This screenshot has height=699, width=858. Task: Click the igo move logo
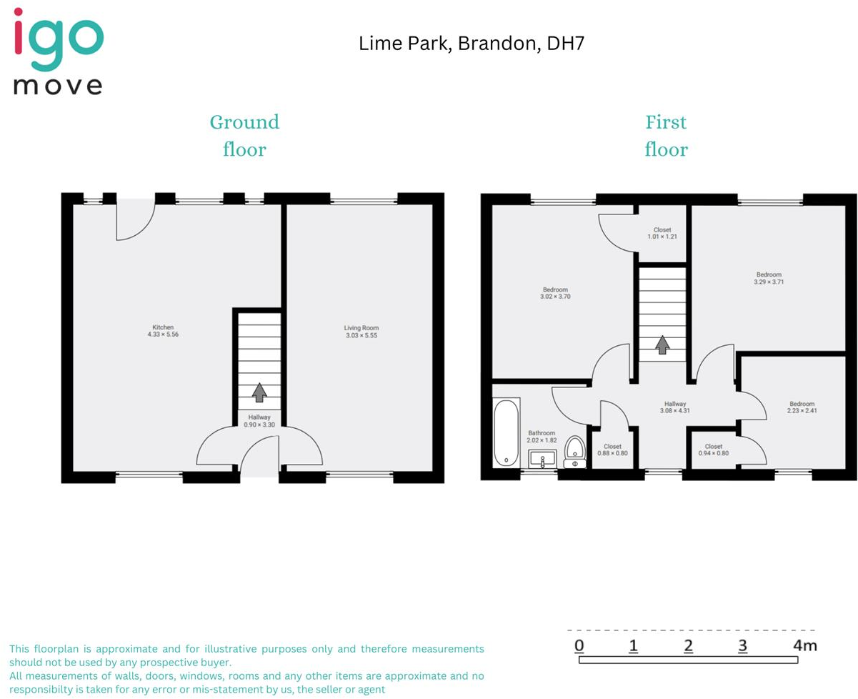[59, 51]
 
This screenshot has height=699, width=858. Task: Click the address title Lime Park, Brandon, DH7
[472, 44]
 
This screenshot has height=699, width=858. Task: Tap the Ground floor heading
[244, 136]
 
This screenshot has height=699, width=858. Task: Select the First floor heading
[666, 136]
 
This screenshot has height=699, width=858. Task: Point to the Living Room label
[361, 331]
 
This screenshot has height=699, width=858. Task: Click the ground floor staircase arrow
[259, 392]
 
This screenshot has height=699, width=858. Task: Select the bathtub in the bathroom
[506, 433]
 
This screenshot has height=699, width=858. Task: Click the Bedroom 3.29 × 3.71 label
[769, 278]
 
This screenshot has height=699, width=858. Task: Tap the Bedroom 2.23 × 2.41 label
[802, 407]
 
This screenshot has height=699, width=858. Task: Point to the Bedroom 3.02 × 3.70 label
[555, 293]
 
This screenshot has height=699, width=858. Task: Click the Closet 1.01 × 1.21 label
[662, 233]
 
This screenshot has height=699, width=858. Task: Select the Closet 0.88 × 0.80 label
[612, 450]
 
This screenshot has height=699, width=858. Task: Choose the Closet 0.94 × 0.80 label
[713, 450]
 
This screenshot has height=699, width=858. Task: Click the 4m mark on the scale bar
[804, 647]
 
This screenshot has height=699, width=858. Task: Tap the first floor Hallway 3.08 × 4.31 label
[674, 407]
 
